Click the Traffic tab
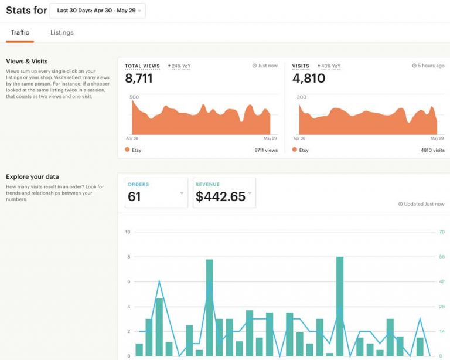coord(20,33)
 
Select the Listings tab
coord(62,33)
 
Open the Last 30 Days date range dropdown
coord(97,11)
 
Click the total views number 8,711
coord(139,78)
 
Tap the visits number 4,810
coord(309,78)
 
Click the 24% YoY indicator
coord(179,66)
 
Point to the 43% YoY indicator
coord(330,66)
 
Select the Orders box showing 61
coord(156,193)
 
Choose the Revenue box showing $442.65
coord(224,193)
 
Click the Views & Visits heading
coord(27,61)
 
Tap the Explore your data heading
coord(32,176)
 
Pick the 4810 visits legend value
coord(431,150)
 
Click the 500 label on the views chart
coord(134,97)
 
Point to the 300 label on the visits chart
coord(302,97)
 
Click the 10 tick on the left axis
coord(128,232)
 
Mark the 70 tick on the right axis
coord(442,232)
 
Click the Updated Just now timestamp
coord(421,204)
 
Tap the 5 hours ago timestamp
coord(428,66)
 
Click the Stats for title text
coord(26,11)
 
